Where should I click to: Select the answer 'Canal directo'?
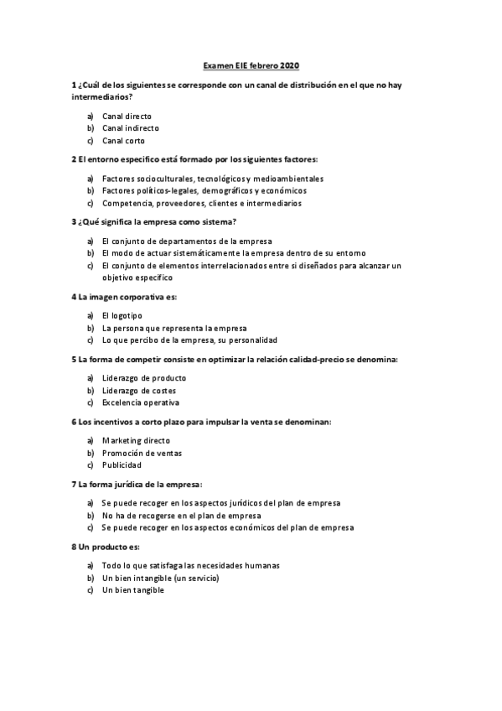[x=127, y=116]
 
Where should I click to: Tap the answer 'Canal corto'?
[x=123, y=141]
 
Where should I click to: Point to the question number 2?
[x=75, y=159]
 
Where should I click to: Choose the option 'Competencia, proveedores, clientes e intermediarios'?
[x=202, y=203]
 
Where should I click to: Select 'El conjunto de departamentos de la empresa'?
[x=187, y=241]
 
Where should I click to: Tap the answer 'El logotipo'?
[x=122, y=315]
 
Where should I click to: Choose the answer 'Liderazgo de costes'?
[x=138, y=390]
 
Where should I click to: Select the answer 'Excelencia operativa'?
[x=140, y=402]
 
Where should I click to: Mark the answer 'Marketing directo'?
[x=136, y=440]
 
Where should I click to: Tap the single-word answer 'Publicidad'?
[x=122, y=464]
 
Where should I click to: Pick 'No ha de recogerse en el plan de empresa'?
[x=182, y=516]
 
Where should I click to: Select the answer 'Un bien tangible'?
[x=133, y=590]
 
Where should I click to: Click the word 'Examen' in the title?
[x=220, y=65]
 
